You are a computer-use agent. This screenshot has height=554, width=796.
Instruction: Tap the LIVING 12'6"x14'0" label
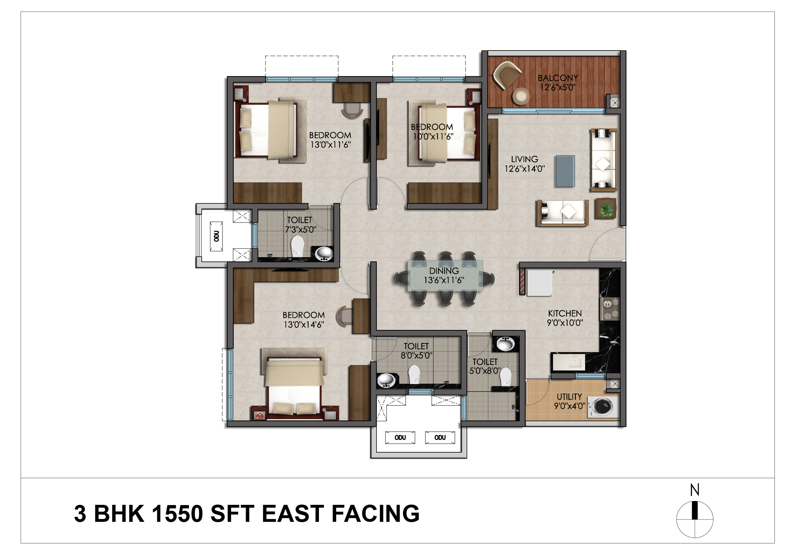tap(524, 164)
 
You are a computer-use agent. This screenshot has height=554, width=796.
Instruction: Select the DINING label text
tap(444, 271)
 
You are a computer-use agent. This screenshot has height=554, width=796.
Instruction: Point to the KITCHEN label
tap(565, 313)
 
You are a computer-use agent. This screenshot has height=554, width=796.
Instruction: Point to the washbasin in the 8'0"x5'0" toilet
tap(386, 381)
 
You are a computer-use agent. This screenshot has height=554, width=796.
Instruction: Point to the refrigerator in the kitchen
tap(539, 283)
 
